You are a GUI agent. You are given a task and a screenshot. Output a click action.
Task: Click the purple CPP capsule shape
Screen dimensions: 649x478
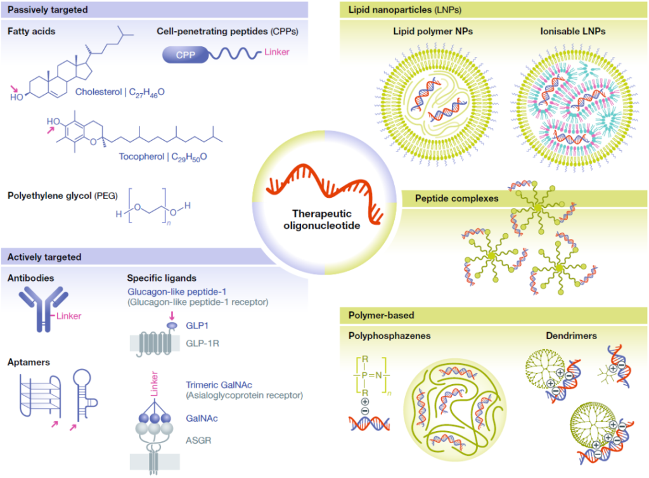[x=186, y=55]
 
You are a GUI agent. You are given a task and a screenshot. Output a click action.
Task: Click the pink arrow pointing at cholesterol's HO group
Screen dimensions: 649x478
[x=15, y=89]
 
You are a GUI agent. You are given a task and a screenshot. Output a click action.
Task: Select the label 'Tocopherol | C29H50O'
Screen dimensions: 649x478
[x=163, y=157]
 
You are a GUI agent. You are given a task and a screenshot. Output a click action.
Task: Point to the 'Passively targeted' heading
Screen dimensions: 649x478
[x=48, y=10]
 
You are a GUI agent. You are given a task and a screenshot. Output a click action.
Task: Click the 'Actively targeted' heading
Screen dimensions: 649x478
[x=44, y=257]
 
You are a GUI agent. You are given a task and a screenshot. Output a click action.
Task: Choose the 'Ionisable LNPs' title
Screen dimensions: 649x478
[x=573, y=31]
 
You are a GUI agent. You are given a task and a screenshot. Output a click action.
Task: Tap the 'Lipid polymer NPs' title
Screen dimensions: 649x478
[x=433, y=31]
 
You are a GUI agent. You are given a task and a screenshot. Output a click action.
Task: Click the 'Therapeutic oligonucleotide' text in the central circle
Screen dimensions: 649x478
[x=321, y=219]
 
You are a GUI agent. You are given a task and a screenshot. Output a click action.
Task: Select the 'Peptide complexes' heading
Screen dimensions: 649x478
[x=456, y=198]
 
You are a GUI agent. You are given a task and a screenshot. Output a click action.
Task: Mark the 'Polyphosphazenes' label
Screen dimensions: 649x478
[x=390, y=335]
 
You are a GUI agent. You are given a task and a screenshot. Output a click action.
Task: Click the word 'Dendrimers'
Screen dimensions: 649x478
[x=571, y=335]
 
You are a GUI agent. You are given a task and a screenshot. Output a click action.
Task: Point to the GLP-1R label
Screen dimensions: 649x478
[x=202, y=344]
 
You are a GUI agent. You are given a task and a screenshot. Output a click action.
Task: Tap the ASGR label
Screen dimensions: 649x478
[x=198, y=441]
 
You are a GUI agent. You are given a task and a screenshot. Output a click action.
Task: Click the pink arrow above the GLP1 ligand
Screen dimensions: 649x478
[x=172, y=316]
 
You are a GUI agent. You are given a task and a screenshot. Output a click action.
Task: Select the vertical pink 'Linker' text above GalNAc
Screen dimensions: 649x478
[x=154, y=384]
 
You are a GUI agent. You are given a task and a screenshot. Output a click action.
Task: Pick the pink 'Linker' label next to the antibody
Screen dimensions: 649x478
[x=68, y=316]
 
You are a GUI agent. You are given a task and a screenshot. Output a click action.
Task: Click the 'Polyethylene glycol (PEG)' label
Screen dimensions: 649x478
[x=63, y=196]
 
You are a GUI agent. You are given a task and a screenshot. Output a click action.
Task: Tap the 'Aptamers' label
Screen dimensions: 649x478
[x=29, y=363]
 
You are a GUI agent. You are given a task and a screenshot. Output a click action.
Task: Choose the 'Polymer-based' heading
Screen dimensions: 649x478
[x=381, y=315]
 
